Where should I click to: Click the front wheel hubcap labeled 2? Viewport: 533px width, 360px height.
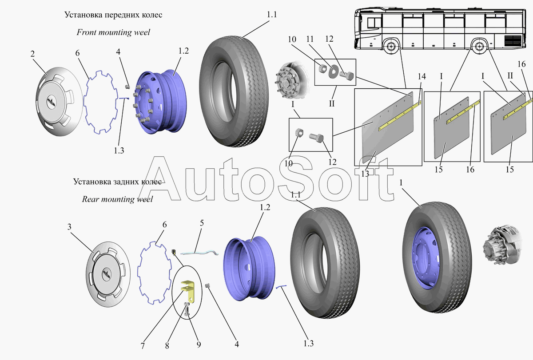click(x=59, y=102)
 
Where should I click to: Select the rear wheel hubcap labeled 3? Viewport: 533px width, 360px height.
click(x=108, y=274)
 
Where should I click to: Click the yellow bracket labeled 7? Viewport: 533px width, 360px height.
click(x=188, y=292)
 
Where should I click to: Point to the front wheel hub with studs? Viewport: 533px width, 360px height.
click(x=291, y=81)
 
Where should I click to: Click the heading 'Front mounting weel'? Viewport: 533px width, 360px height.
click(x=113, y=32)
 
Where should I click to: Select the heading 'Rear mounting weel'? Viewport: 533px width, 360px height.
click(x=117, y=199)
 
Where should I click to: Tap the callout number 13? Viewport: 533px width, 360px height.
click(x=365, y=174)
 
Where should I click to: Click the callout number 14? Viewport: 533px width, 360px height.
click(x=422, y=76)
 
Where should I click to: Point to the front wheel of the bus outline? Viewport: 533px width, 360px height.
click(x=390, y=46)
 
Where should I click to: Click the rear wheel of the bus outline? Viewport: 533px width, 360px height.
click(x=479, y=46)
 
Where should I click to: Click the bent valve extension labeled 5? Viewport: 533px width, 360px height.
click(x=199, y=253)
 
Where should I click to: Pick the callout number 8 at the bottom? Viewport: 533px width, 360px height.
click(x=167, y=346)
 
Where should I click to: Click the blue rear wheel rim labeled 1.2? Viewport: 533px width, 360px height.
click(x=249, y=268)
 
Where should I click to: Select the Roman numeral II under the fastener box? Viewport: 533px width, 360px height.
click(x=332, y=104)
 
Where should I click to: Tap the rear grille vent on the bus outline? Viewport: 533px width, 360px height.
click(x=513, y=40)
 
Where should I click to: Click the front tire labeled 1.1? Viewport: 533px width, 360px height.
click(x=234, y=91)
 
